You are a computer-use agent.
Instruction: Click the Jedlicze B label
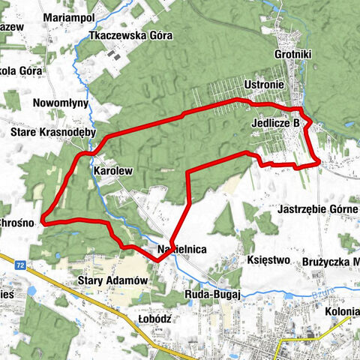click(277, 121)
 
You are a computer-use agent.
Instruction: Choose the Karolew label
click(112, 171)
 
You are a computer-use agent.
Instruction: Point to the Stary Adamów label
click(109, 280)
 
